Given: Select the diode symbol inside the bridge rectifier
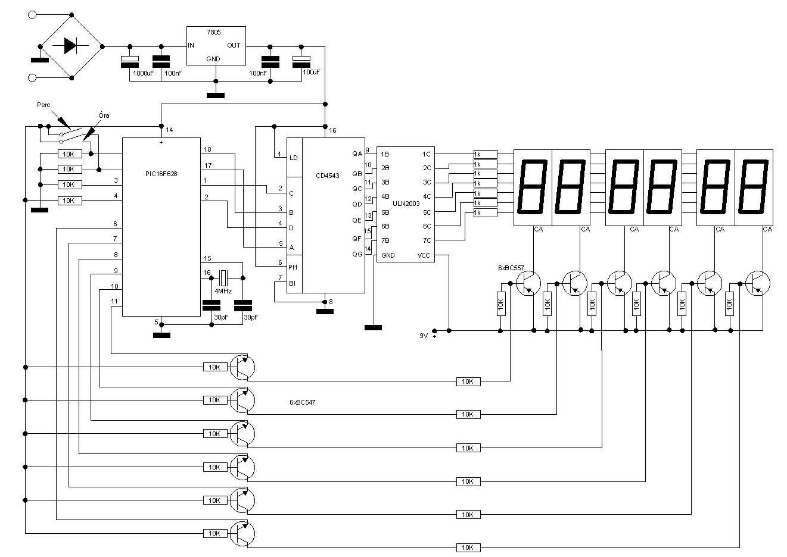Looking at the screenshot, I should pos(70,46).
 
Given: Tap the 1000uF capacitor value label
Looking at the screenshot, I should pos(142,73).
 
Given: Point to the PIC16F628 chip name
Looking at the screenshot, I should pos(161,174).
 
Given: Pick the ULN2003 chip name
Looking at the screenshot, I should pos(406,204).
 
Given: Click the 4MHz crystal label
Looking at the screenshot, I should pos(223,292).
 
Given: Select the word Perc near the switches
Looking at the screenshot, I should pos(43,105).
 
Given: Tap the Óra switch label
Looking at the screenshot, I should pos(103,115).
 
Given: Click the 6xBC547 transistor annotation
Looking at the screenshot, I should pos(302,402).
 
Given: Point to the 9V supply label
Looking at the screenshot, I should pos(424,336).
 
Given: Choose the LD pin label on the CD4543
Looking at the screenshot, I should pos(293,158).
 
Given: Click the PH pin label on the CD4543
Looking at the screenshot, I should pos(293,268).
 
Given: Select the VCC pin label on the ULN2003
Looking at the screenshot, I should pos(424,255).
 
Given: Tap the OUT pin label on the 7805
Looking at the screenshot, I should pos(234,45).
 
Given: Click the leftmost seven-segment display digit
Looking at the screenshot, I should pos(533,187).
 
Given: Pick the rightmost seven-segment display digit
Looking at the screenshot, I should pos(753,187).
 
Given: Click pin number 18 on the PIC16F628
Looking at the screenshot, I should pos(207,149).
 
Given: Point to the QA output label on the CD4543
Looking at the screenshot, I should pos(357,154).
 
